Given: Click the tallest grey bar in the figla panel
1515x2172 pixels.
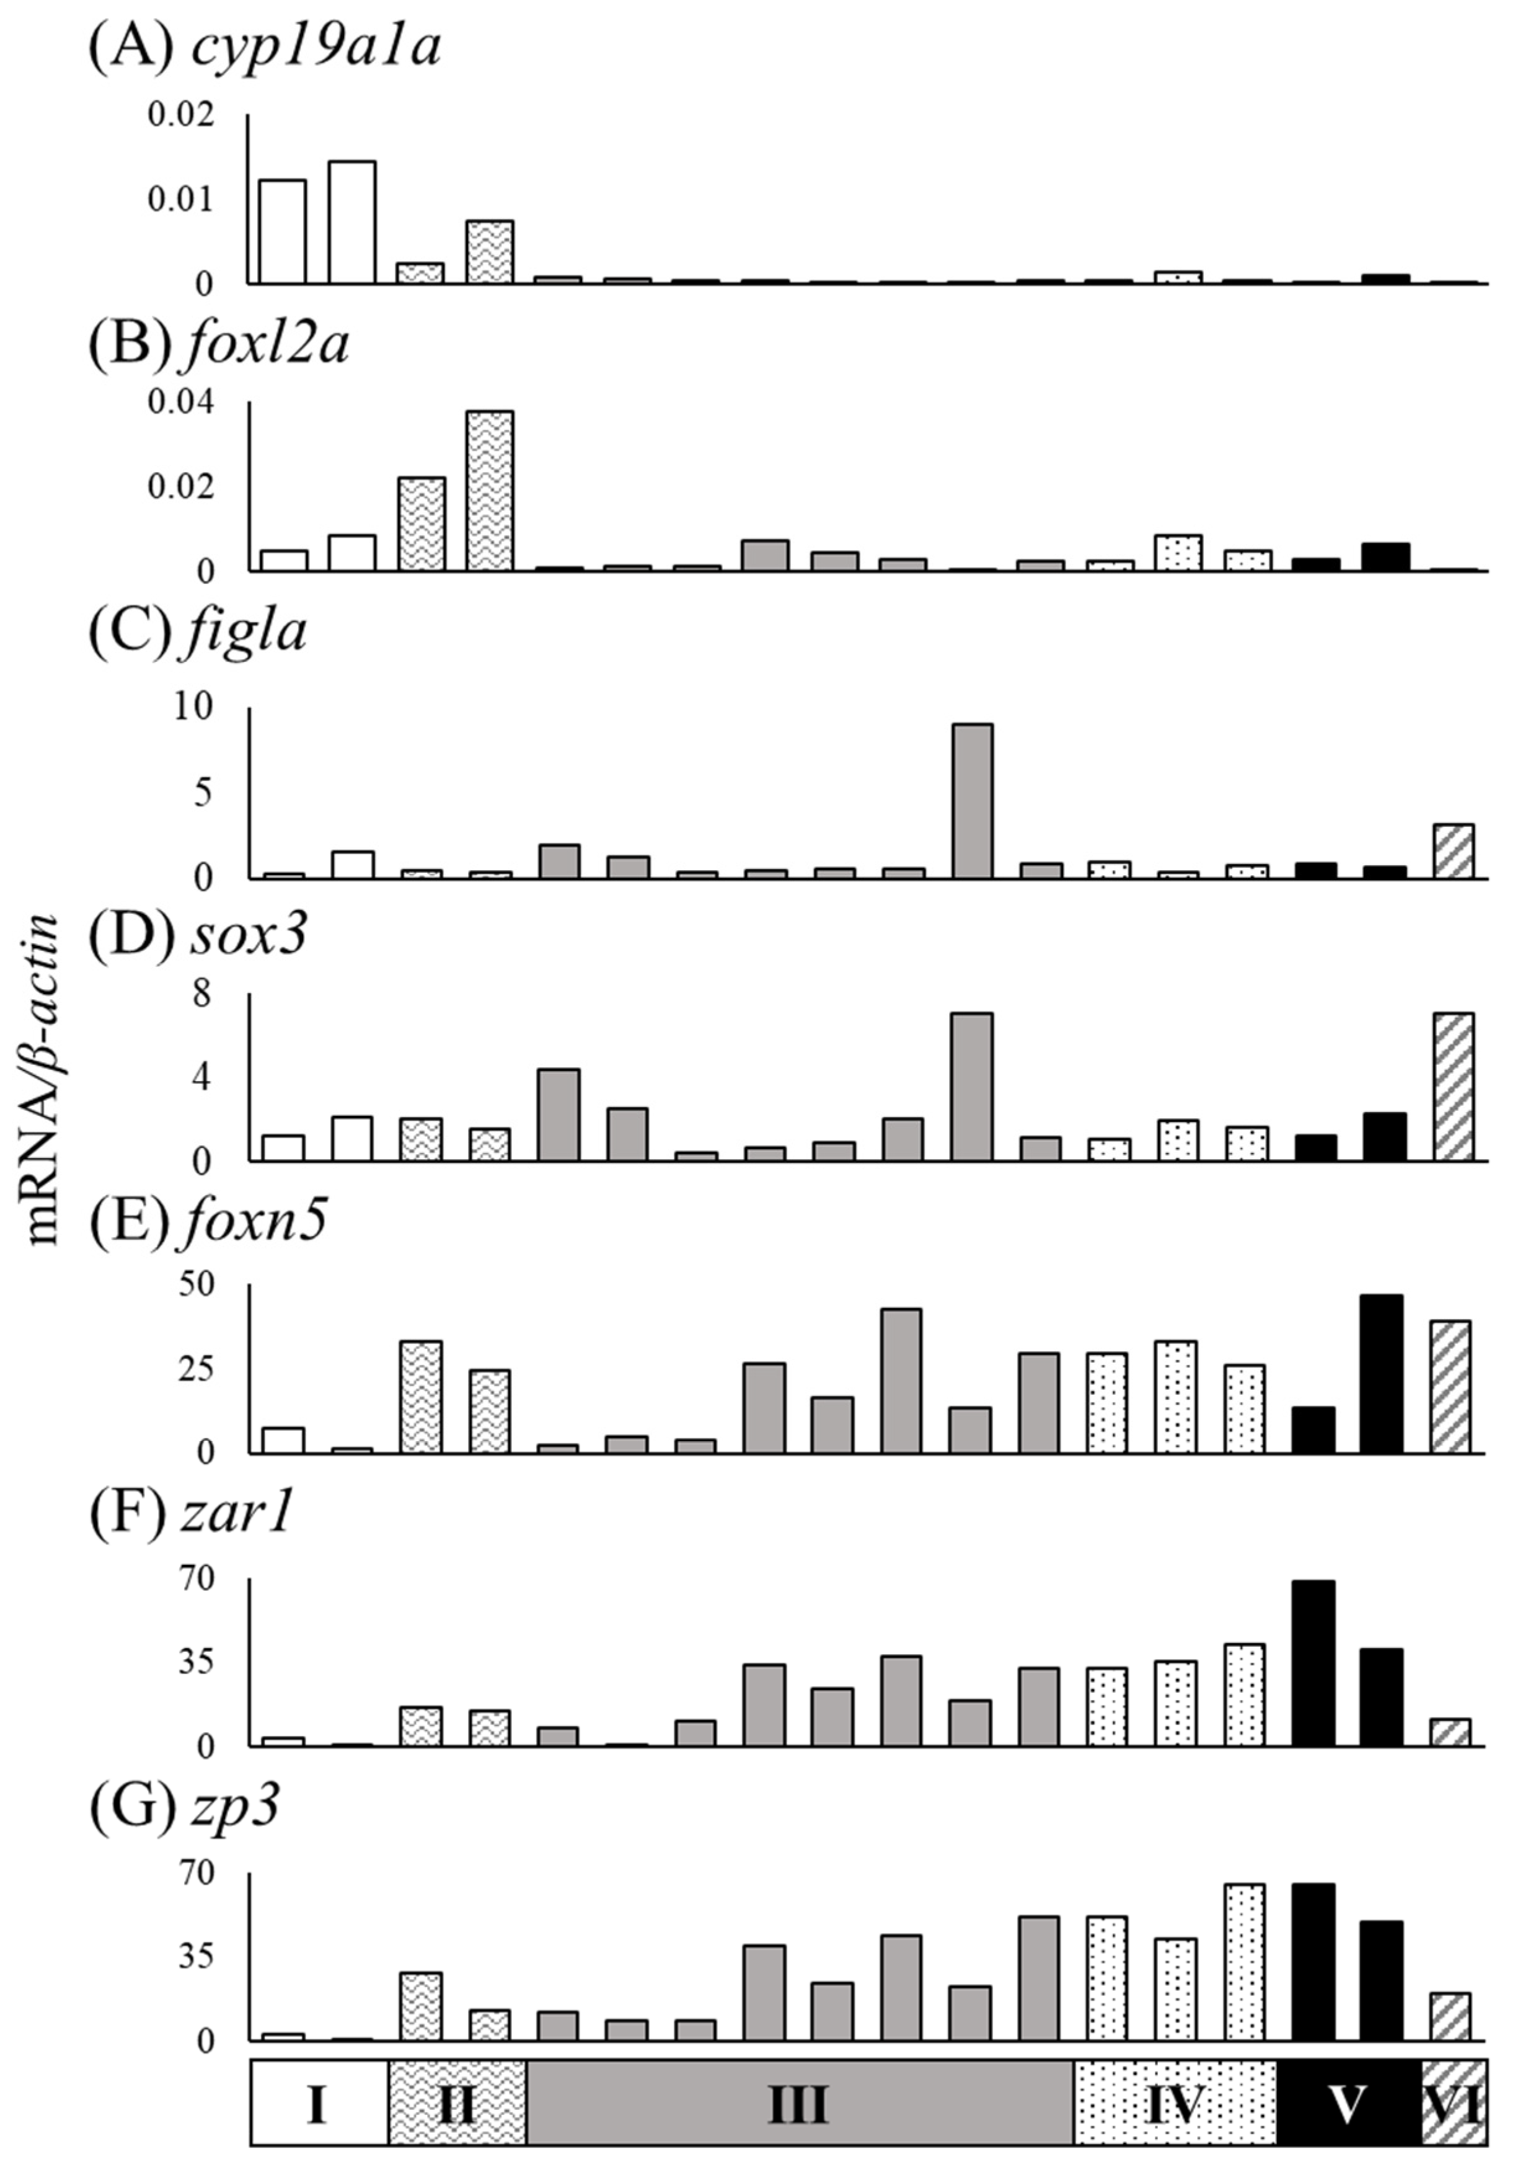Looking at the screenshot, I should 972,801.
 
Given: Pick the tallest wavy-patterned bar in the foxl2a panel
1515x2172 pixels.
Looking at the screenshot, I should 490,491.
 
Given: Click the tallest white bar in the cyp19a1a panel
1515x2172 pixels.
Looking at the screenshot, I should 352,222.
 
